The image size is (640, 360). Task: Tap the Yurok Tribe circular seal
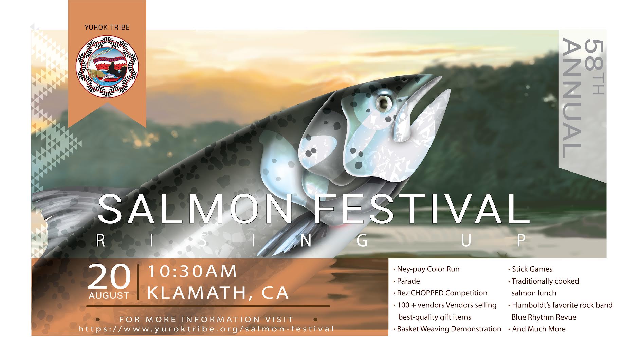(x=107, y=67)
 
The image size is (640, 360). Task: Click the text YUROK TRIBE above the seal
(x=107, y=27)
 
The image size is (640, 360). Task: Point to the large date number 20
(x=109, y=276)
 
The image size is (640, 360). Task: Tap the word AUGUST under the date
(x=109, y=296)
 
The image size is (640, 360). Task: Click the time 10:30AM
(x=192, y=271)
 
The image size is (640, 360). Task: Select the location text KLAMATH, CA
(x=218, y=293)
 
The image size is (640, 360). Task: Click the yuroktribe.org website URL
(x=206, y=329)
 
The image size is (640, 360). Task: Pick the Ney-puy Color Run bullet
(x=426, y=269)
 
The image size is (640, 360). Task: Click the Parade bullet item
(x=406, y=281)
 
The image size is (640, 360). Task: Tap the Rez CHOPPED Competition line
(x=440, y=293)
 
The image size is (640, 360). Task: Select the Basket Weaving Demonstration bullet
(x=447, y=329)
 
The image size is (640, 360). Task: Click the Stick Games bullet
(x=530, y=269)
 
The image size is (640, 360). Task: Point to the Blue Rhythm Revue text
(x=544, y=317)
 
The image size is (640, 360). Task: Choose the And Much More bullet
(x=537, y=329)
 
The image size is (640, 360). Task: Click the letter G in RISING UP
(x=362, y=240)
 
